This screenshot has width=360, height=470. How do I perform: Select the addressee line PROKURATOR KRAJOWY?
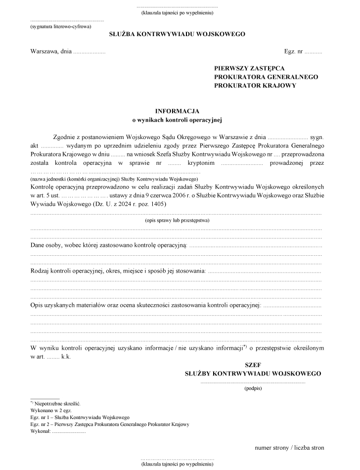(255, 86)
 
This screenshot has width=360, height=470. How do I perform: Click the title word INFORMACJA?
(177, 111)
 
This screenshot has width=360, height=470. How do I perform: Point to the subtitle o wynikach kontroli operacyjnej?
(177, 119)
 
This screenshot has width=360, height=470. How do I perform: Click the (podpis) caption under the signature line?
(253, 388)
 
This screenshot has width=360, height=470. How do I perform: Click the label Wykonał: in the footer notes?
(40, 431)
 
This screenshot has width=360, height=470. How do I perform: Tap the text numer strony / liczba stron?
(289, 448)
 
